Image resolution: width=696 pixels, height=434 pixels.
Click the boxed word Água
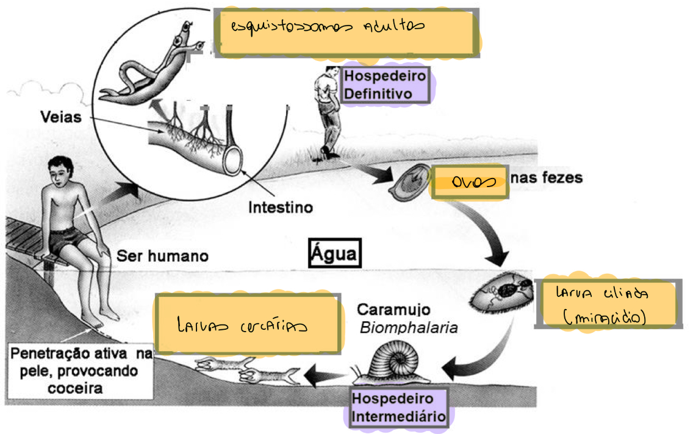coord(334,252)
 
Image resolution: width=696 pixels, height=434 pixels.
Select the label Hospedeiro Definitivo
coord(384,85)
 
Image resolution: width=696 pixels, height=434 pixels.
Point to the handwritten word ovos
coord(470,182)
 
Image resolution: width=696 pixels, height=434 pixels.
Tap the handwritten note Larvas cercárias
coord(247,325)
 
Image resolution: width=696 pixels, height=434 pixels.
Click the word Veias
coord(61,116)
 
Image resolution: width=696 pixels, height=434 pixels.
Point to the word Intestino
coord(280,207)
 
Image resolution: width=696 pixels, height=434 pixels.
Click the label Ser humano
coord(162,256)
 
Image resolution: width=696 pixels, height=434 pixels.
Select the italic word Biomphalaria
coord(409,327)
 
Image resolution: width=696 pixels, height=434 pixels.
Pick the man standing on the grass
coord(328,113)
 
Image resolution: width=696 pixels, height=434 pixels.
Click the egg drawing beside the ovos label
coord(411,181)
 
